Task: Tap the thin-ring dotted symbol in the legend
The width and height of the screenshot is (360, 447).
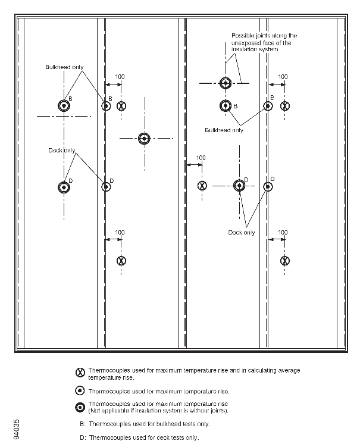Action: point(80,391)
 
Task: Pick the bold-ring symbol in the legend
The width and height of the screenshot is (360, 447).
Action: point(80,407)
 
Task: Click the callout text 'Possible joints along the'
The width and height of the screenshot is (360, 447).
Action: point(264,36)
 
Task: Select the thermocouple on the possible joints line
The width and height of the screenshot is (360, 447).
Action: point(225,83)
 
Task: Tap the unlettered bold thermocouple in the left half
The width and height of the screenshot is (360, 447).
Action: point(143,139)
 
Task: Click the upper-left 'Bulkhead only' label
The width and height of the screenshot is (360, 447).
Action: point(64,67)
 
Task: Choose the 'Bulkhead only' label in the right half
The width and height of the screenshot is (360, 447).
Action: point(224,130)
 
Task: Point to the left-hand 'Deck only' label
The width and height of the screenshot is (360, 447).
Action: point(62,151)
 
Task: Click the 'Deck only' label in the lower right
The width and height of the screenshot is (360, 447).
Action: point(241,232)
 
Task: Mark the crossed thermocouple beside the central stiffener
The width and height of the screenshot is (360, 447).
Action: point(202,186)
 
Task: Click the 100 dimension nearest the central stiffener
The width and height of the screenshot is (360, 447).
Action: point(201,158)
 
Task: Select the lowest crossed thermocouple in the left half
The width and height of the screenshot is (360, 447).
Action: point(121,260)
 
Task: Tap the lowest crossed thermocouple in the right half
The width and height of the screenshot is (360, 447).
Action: point(285,260)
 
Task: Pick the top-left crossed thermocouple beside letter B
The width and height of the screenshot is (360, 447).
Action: point(121,107)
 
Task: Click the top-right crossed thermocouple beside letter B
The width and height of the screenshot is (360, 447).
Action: point(285,107)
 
